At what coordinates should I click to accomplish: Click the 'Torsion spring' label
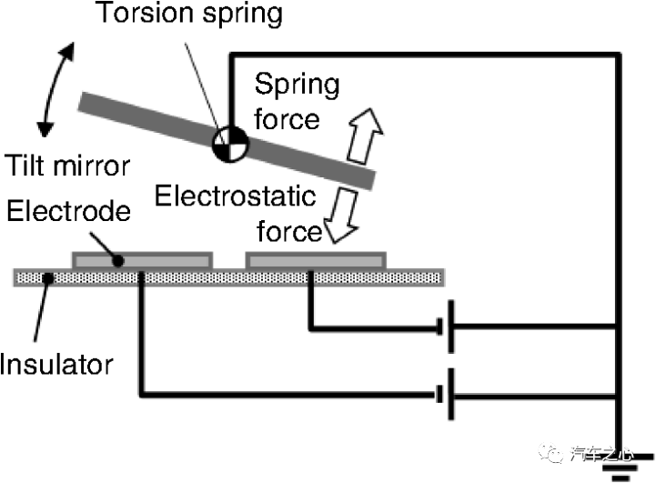pos(189,15)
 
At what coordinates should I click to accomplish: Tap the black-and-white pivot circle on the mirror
pos(230,145)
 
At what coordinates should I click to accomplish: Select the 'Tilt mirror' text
pos(67,166)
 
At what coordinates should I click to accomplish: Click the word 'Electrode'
pos(68,211)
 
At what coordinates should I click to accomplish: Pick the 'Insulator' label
pos(56,364)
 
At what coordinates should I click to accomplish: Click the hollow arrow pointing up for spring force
pos(365,136)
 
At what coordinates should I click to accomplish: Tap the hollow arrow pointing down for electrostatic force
pos(341,215)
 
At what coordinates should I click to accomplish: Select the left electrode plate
pos(143,260)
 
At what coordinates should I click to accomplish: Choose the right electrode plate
pos(316,260)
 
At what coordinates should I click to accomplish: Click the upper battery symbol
pos(445,327)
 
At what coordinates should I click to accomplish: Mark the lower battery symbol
pos(445,394)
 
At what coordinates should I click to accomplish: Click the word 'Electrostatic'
pos(235,196)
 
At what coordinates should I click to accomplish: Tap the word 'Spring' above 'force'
pos(297,86)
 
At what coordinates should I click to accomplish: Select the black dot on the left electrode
pos(118,261)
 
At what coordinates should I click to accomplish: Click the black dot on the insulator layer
pos(49,277)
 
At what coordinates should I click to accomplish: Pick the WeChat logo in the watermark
pos(550,452)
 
